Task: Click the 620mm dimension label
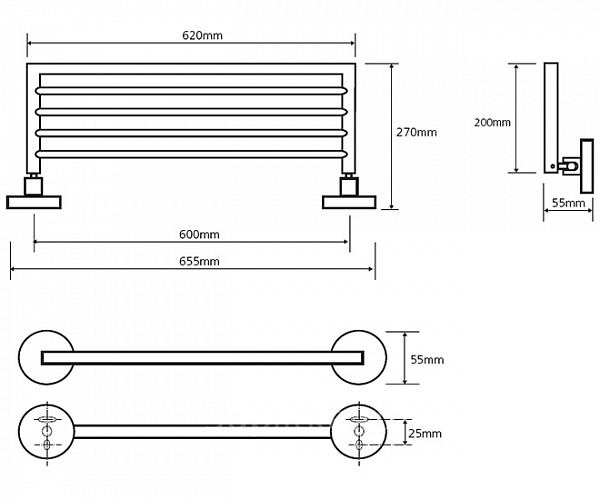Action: click(203, 35)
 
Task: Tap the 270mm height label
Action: click(417, 132)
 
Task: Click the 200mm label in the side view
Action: click(492, 122)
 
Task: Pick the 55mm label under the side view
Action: click(568, 203)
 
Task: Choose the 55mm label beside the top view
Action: click(427, 359)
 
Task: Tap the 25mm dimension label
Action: click(425, 433)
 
